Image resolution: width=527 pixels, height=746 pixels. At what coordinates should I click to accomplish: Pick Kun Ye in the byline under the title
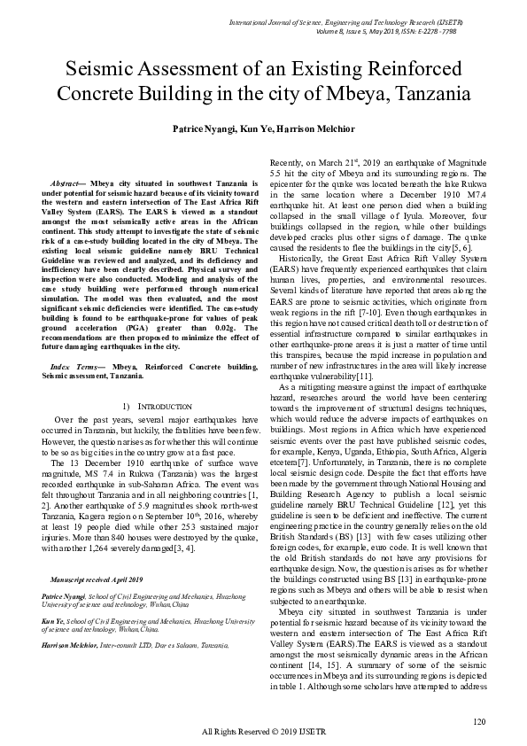(252, 129)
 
